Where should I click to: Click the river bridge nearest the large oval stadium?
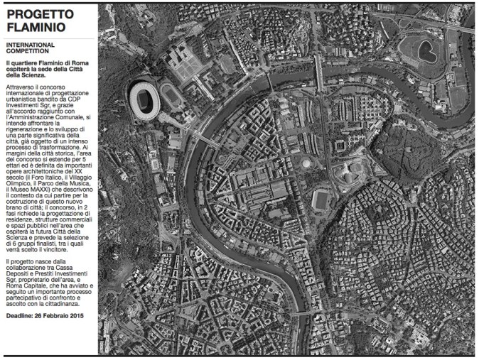pyautogui.click(x=206, y=141)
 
